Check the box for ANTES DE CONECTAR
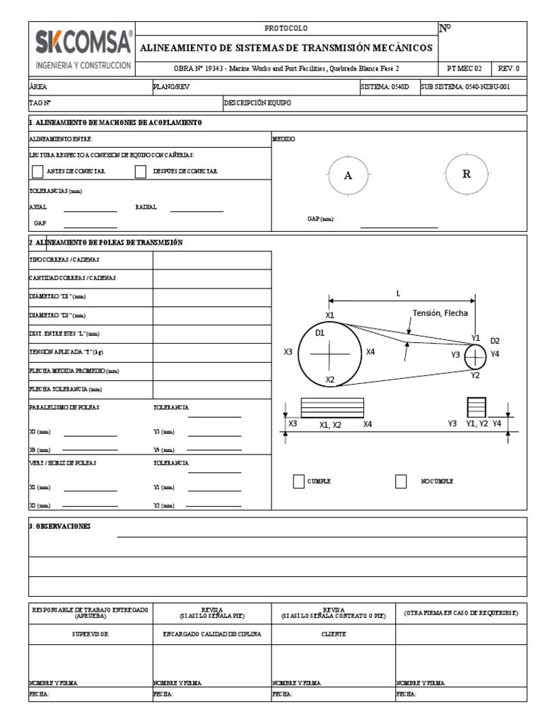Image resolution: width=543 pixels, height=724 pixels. (37, 171)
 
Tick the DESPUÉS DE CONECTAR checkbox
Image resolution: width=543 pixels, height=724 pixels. (140, 171)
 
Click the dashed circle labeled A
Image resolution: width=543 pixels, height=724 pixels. (347, 176)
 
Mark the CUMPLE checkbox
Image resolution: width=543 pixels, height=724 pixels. (298, 481)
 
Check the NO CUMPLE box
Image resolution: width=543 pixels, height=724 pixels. (401, 481)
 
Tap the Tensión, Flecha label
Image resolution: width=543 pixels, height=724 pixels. (444, 313)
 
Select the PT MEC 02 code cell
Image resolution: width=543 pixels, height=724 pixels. (465, 69)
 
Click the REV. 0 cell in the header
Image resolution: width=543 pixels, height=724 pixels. (508, 69)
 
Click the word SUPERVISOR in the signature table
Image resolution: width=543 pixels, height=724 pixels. (90, 634)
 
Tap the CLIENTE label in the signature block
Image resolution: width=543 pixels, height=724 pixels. (333, 634)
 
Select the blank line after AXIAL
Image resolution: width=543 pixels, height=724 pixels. (90, 210)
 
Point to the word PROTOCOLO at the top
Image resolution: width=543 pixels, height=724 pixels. (286, 28)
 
